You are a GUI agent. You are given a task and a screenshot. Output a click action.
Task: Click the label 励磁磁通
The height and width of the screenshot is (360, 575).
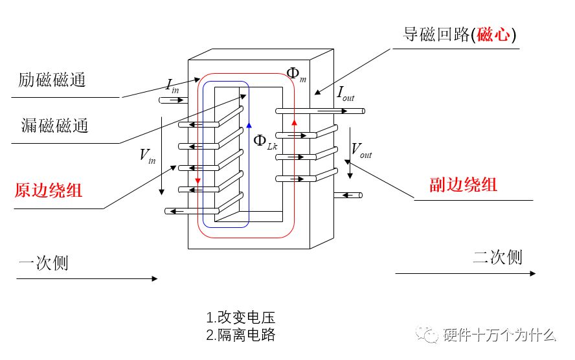pyautogui.click(x=52, y=80)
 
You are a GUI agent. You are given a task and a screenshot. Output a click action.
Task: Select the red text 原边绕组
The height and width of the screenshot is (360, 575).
pyautogui.click(x=49, y=191)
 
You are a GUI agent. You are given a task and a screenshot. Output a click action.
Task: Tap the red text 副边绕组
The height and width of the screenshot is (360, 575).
pyautogui.click(x=463, y=184)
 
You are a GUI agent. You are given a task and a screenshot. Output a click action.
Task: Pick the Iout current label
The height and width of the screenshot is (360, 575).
pyautogui.click(x=345, y=94)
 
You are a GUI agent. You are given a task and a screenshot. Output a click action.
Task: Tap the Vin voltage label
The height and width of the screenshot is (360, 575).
pyautogui.click(x=147, y=155)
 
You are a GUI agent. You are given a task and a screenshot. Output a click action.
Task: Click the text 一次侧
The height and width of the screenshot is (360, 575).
pyautogui.click(x=43, y=263)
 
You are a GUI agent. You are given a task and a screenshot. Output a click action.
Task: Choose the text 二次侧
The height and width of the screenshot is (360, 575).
pyautogui.click(x=497, y=257)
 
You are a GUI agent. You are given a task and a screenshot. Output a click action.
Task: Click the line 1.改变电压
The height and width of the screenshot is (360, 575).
pyautogui.click(x=241, y=318)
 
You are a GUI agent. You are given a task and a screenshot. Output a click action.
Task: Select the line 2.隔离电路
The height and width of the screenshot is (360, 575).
pyautogui.click(x=241, y=335)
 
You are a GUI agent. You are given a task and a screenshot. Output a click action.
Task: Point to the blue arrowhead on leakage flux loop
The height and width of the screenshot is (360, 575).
pyautogui.click(x=248, y=124)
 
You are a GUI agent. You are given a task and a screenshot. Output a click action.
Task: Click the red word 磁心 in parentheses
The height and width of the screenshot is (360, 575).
pyautogui.click(x=488, y=35)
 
